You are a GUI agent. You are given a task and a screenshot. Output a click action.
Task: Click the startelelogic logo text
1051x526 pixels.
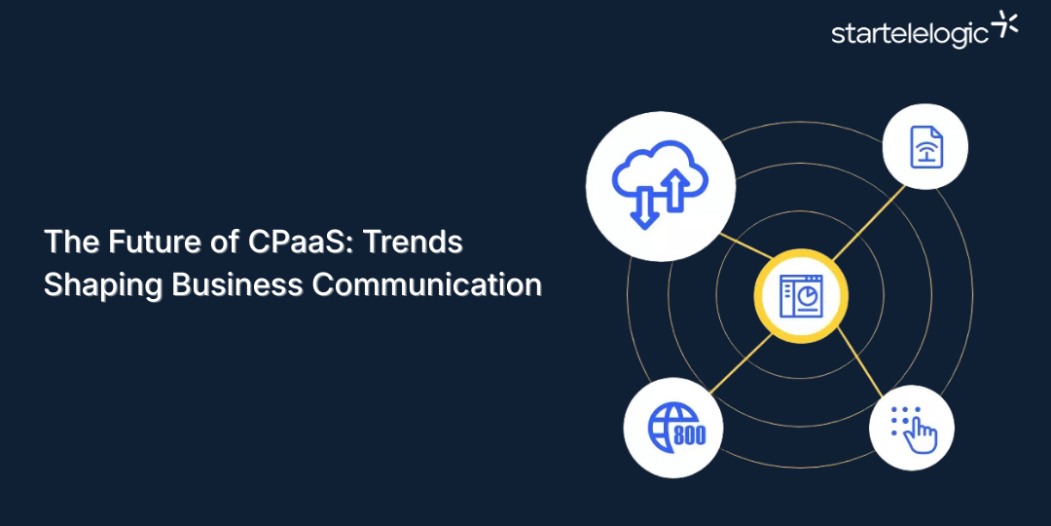pyautogui.click(x=910, y=33)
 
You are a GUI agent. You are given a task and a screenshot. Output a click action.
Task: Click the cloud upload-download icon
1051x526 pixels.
pyautogui.click(x=661, y=186)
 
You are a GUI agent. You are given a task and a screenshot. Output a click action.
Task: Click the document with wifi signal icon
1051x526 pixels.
pyautogui.click(x=924, y=147)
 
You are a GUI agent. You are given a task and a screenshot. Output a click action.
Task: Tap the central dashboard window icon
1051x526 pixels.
pyautogui.click(x=800, y=296)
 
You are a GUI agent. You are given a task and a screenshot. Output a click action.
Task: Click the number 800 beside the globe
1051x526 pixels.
pyautogui.click(x=689, y=434)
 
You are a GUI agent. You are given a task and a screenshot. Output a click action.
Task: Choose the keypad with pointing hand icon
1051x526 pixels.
pyautogui.click(x=911, y=428)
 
